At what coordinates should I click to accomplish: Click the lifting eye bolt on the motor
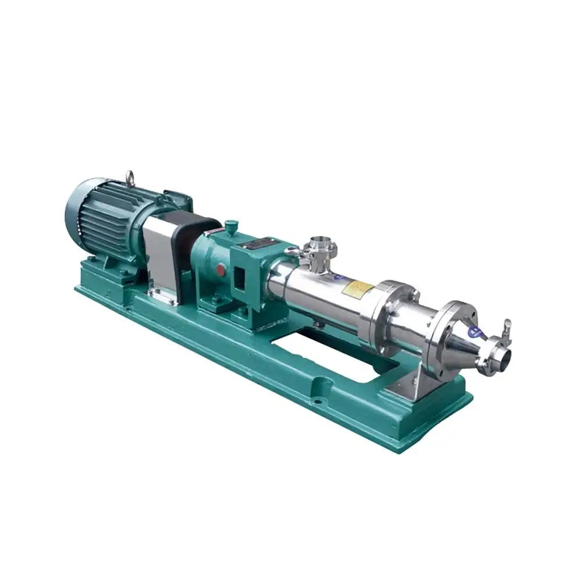tap(129, 176)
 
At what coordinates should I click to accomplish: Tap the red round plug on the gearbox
tap(221, 269)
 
